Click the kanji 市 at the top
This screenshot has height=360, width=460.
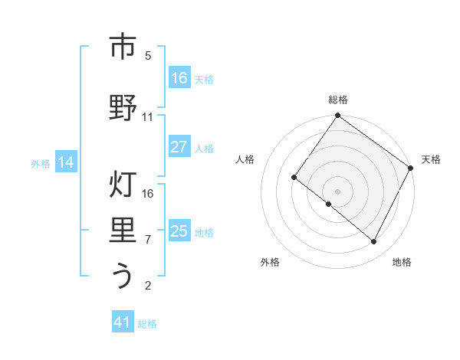[x=123, y=47]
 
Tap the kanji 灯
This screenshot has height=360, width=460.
[x=123, y=186]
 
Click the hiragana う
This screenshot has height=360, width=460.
[x=123, y=277]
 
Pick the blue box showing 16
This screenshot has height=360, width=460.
[x=179, y=77]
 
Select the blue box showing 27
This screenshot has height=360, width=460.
[x=179, y=147]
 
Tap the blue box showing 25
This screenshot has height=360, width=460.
[x=179, y=231]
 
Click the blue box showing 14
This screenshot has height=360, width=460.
[x=65, y=162]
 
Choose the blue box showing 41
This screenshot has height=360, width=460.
[x=123, y=322]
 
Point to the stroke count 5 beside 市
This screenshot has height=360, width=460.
[x=148, y=56]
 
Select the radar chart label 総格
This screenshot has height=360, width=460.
[x=337, y=100]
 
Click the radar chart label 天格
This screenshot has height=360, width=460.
[x=431, y=159]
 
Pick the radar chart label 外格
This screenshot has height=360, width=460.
[x=270, y=262]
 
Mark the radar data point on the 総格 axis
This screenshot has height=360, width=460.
[x=337, y=116]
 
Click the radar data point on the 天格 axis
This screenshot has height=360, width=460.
[x=411, y=168]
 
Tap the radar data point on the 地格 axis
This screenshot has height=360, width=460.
[x=374, y=242]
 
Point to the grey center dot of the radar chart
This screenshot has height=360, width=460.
[x=337, y=191]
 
